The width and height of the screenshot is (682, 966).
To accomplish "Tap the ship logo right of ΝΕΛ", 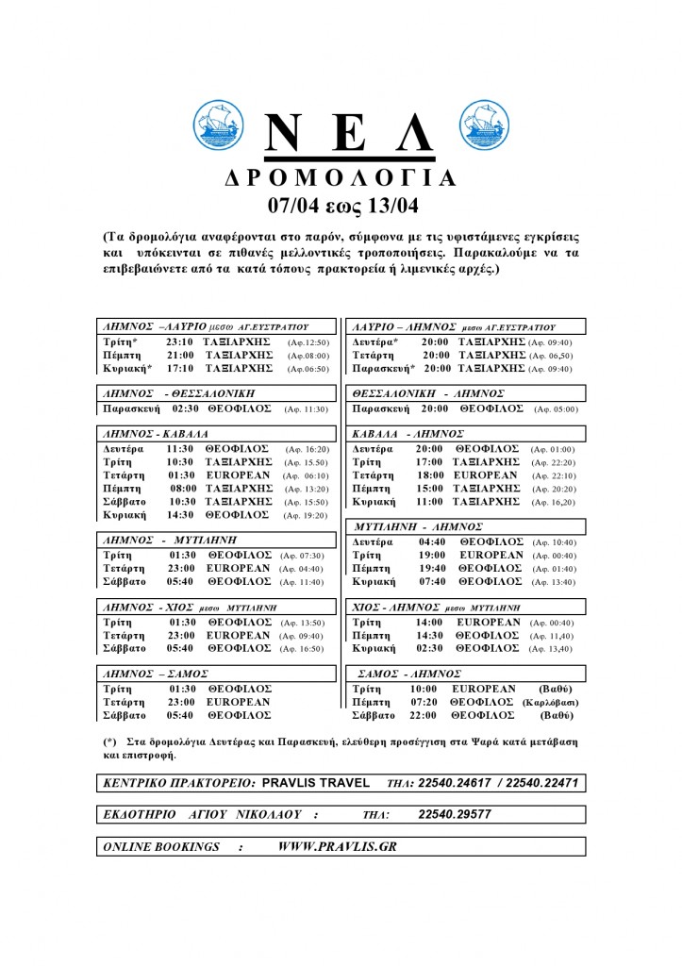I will [x=483, y=127].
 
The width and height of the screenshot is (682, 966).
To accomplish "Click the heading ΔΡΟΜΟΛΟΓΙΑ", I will [x=341, y=178].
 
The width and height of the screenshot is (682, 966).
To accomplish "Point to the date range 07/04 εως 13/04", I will [x=341, y=206].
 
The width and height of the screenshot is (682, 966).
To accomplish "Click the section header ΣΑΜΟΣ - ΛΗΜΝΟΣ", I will [x=410, y=674].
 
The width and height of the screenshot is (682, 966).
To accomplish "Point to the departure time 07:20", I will [x=426, y=703].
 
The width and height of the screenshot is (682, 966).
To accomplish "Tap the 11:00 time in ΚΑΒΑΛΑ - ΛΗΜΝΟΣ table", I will [x=428, y=502].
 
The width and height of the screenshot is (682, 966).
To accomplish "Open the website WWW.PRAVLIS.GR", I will [x=337, y=846].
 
